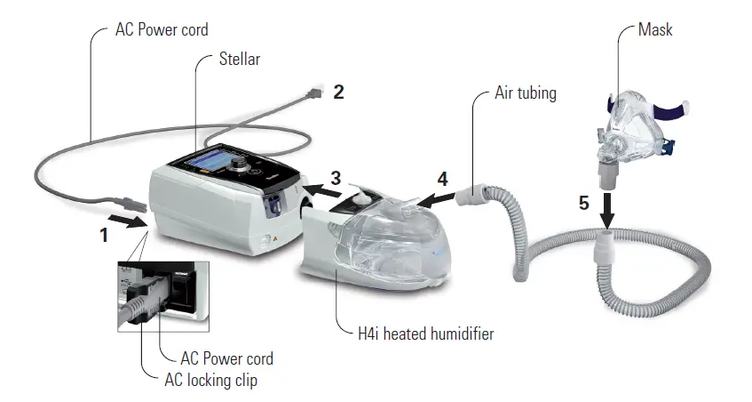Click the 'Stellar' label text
coord(239,60)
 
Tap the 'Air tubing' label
coord(525,92)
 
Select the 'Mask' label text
coord(655,30)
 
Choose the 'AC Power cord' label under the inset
coord(226,359)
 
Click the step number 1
coord(104,237)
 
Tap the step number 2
coord(338,92)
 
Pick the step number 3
coord(335,177)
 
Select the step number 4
coord(442,178)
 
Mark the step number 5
coord(583,203)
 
